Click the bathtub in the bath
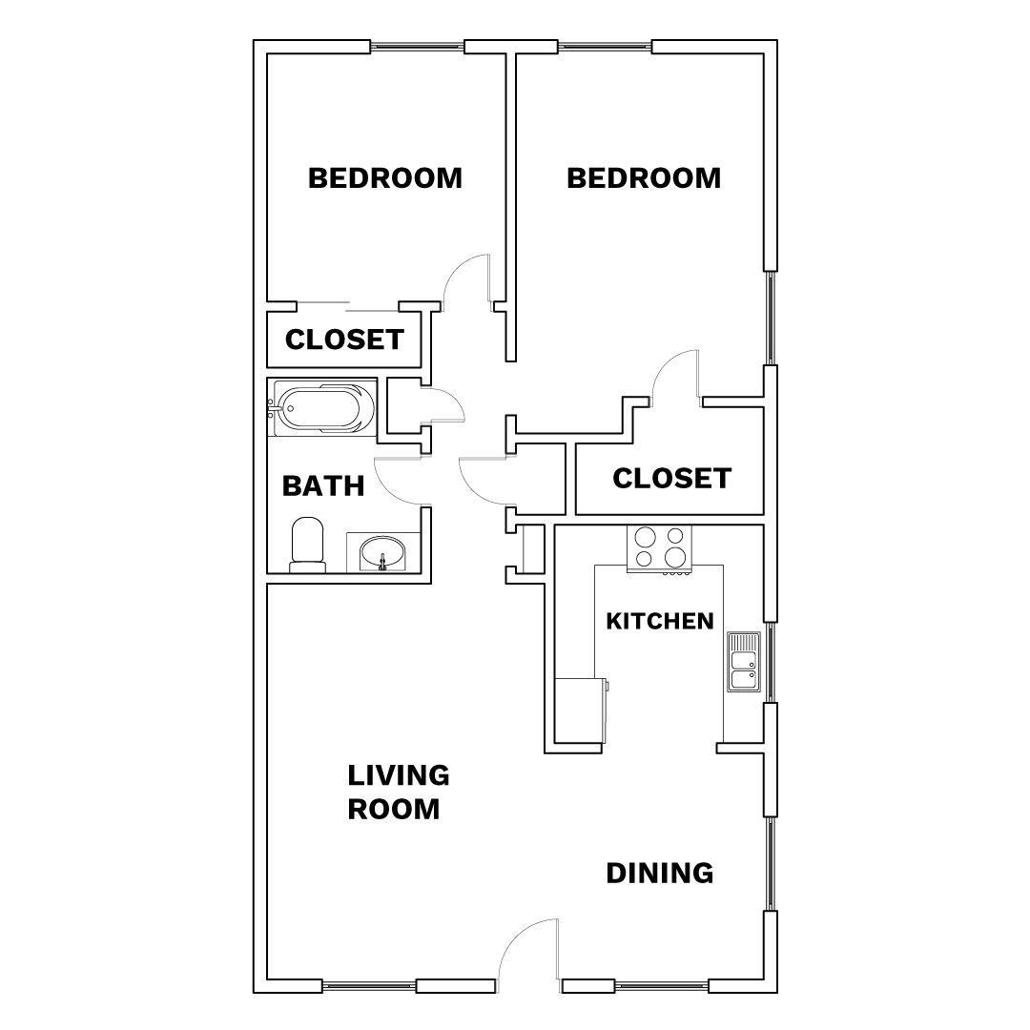click(x=321, y=408)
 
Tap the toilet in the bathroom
click(x=307, y=546)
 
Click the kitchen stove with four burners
click(x=660, y=549)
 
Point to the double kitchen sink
click(x=744, y=661)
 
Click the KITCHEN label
click(x=660, y=622)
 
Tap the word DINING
click(x=660, y=873)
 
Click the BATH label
click(x=323, y=486)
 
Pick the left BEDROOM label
click(x=384, y=178)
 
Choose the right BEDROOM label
click(x=644, y=178)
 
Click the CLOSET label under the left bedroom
click(x=344, y=340)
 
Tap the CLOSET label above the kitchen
click(x=671, y=479)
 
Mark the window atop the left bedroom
click(x=417, y=47)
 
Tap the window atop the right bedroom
click(x=605, y=47)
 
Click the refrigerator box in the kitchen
click(x=579, y=711)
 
